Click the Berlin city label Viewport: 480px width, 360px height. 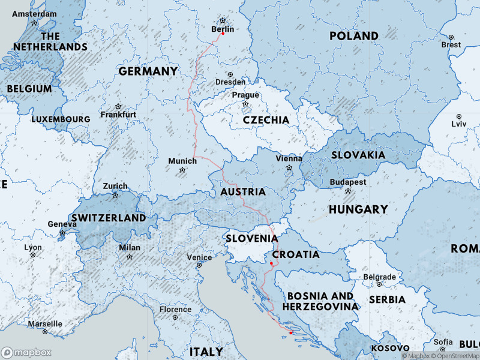coord(223,29)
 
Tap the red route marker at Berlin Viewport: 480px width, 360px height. coord(223,34)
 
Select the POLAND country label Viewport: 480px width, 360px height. coord(354,36)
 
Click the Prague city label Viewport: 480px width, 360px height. coord(245,95)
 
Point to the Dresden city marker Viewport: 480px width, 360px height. coord(230,74)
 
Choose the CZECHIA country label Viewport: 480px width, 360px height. coord(266,120)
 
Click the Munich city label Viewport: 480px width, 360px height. coord(182,161)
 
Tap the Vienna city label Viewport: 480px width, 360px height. coord(289,158)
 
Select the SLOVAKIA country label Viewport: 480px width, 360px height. coord(358,155)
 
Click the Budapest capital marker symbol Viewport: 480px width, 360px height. coord(347,191)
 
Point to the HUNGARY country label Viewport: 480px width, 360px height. coord(358,209)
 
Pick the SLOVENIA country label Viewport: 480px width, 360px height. coord(251,238)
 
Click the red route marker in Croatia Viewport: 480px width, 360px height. coord(271,263)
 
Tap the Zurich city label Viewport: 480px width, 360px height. coord(115,186)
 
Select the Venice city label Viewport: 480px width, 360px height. coord(199,257)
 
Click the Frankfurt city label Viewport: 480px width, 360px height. coord(118,114)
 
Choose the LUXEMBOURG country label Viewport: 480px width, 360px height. coord(61,119)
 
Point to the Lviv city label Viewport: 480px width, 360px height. coord(458,124)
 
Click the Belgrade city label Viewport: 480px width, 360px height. coord(380,277)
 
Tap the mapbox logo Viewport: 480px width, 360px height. coord(26,352)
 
